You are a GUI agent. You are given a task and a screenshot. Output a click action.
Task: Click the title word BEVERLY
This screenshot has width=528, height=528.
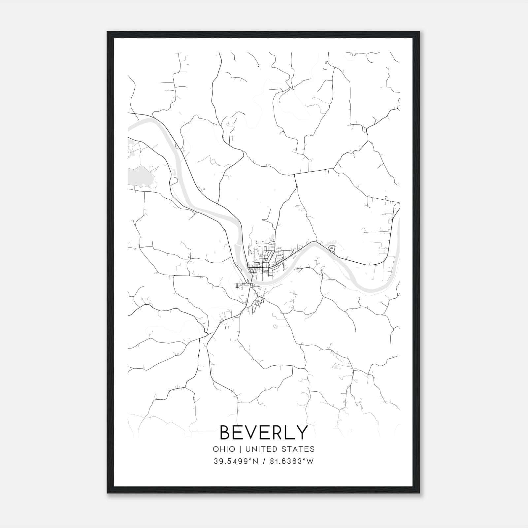point(264,432)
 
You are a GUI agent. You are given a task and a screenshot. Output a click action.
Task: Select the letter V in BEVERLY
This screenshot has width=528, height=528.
point(252,432)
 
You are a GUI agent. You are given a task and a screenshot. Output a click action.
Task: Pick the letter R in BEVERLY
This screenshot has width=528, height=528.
point(278,432)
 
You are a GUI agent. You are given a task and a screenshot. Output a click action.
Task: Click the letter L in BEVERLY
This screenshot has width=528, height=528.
point(290,432)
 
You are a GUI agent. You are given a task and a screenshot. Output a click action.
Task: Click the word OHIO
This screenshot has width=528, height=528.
point(224,449)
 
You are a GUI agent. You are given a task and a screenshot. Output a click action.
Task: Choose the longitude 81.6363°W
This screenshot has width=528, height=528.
point(292,461)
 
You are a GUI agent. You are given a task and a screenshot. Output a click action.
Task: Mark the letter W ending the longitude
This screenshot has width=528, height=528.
point(310,461)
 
